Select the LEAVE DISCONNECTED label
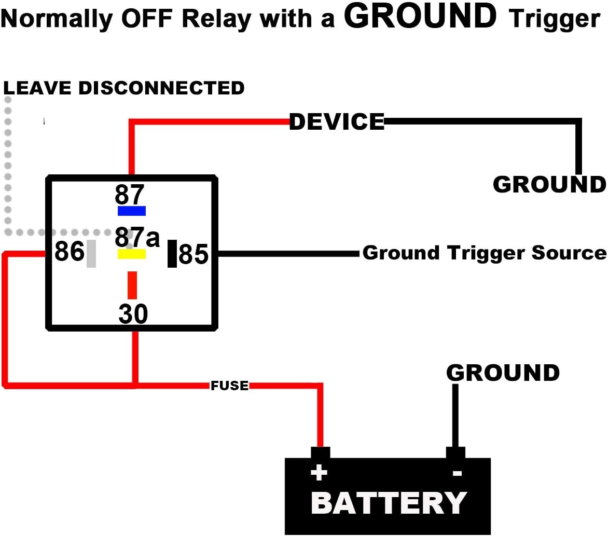(x=124, y=88)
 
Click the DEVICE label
(x=337, y=122)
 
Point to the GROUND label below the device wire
(x=549, y=185)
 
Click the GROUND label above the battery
(x=503, y=373)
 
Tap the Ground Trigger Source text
(x=484, y=253)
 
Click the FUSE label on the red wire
(x=229, y=386)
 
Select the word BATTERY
(x=389, y=503)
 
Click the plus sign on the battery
(x=319, y=473)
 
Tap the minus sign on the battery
(x=457, y=473)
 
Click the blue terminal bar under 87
(x=132, y=211)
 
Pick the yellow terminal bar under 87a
(x=132, y=254)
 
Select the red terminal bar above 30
(x=132, y=285)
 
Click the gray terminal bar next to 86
(x=91, y=253)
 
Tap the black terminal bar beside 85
(x=172, y=254)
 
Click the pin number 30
(x=133, y=314)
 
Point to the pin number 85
(x=194, y=255)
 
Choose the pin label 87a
(x=137, y=238)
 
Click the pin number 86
(x=70, y=252)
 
